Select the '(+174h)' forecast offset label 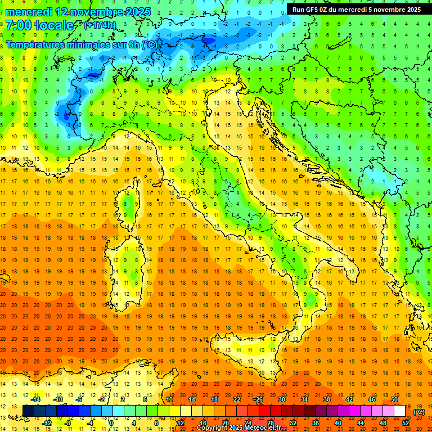click(x=100, y=25)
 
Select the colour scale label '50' click(x=394, y=399)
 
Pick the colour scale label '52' click(x=405, y=422)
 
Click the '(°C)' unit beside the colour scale click(x=418, y=412)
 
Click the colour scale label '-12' click(x=47, y=422)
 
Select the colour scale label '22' click(x=236, y=399)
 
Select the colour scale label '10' click(x=169, y=399)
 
